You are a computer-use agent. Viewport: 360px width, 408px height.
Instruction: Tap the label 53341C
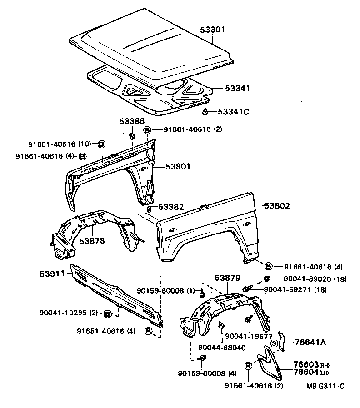[x=233, y=112]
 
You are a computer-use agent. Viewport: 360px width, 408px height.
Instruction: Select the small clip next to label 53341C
[x=205, y=111]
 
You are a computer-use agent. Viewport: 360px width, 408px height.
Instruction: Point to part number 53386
[x=132, y=121]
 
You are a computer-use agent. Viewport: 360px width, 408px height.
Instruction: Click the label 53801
[x=177, y=167]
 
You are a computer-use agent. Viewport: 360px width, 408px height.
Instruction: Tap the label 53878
[x=92, y=240]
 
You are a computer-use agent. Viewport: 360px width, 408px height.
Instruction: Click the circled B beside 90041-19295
[x=108, y=313]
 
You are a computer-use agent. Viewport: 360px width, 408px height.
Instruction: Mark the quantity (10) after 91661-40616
[x=85, y=144]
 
